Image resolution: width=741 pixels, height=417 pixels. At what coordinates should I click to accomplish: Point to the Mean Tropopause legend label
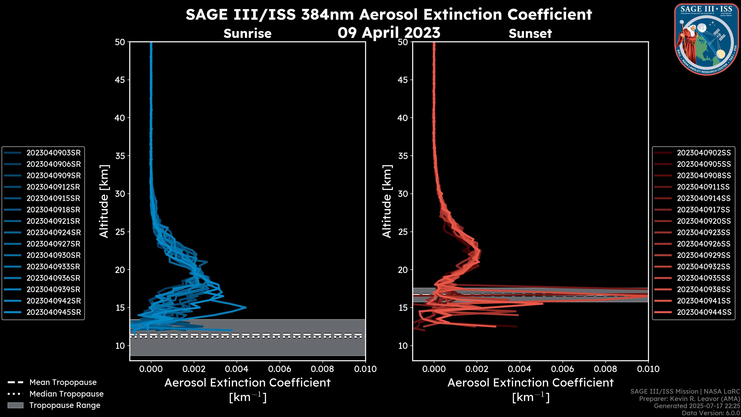tap(63, 382)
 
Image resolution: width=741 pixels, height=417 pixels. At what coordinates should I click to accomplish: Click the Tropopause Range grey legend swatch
tap(15, 405)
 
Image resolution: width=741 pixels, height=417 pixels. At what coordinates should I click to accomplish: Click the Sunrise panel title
tap(247, 33)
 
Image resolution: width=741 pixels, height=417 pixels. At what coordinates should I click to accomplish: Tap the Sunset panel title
tap(530, 33)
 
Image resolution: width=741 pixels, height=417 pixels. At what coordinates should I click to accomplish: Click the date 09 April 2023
tap(389, 32)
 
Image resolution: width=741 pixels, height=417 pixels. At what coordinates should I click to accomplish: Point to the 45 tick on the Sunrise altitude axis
tap(120, 80)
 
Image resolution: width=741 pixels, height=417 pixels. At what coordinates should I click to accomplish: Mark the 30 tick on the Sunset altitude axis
tap(403, 194)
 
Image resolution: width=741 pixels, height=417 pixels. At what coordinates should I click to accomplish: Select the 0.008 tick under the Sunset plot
tap(606, 369)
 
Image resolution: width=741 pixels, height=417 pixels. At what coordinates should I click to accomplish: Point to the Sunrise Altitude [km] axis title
tap(104, 201)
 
